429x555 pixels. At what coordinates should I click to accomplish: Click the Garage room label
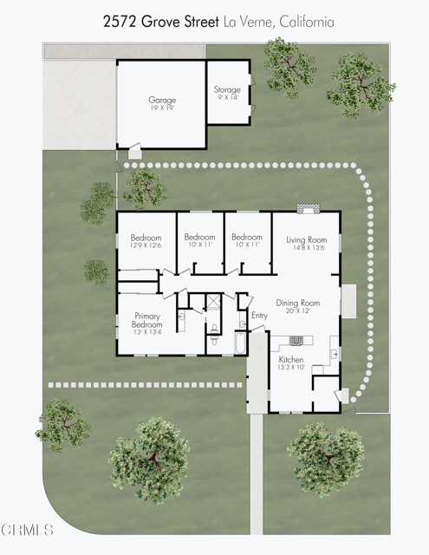pos(162,101)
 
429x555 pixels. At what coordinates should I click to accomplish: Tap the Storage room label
pos(228,89)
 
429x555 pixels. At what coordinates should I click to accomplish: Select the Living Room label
pos(305,239)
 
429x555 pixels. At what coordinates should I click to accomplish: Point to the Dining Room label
pos(298,303)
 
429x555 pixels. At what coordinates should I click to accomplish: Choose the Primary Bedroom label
pos(147,320)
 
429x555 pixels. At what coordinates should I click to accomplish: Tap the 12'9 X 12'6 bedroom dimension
pos(146,245)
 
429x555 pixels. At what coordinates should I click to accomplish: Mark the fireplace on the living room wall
pos(308,208)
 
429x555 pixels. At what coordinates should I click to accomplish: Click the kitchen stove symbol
pos(298,339)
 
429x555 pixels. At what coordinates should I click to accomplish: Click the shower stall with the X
pos(211,302)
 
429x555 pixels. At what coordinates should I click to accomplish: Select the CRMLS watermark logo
pos(27,529)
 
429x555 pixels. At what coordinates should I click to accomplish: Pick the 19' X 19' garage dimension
pos(162,109)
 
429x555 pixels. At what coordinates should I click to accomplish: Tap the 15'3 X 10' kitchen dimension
pos(291,367)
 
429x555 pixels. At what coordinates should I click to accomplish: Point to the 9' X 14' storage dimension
pos(228,98)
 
